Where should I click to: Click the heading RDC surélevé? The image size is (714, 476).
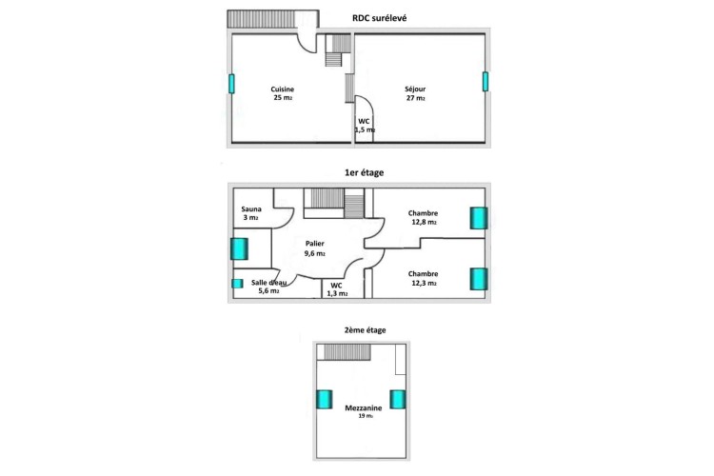379,18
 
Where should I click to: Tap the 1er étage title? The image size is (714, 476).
364,172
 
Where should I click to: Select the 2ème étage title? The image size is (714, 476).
365,329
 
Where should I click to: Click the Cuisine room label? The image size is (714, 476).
283,89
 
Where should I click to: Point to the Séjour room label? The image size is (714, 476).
415,89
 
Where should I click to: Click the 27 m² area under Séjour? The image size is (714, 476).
415,98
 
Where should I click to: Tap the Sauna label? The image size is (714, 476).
251,209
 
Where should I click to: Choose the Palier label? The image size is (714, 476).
315,244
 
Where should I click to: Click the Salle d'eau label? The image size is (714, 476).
268,283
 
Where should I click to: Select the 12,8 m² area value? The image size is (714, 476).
423,222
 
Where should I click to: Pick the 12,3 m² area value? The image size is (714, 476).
424,284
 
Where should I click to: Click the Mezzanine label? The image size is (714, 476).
364,408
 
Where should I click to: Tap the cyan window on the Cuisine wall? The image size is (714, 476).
231,84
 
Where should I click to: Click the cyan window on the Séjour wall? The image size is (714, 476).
486,82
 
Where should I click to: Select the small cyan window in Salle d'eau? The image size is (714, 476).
237,284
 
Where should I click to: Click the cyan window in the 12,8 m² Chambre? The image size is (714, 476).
479,218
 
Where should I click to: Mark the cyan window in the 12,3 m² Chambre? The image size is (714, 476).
479,279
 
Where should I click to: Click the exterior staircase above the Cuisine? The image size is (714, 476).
261,19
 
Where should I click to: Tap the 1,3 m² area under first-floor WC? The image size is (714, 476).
337,294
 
